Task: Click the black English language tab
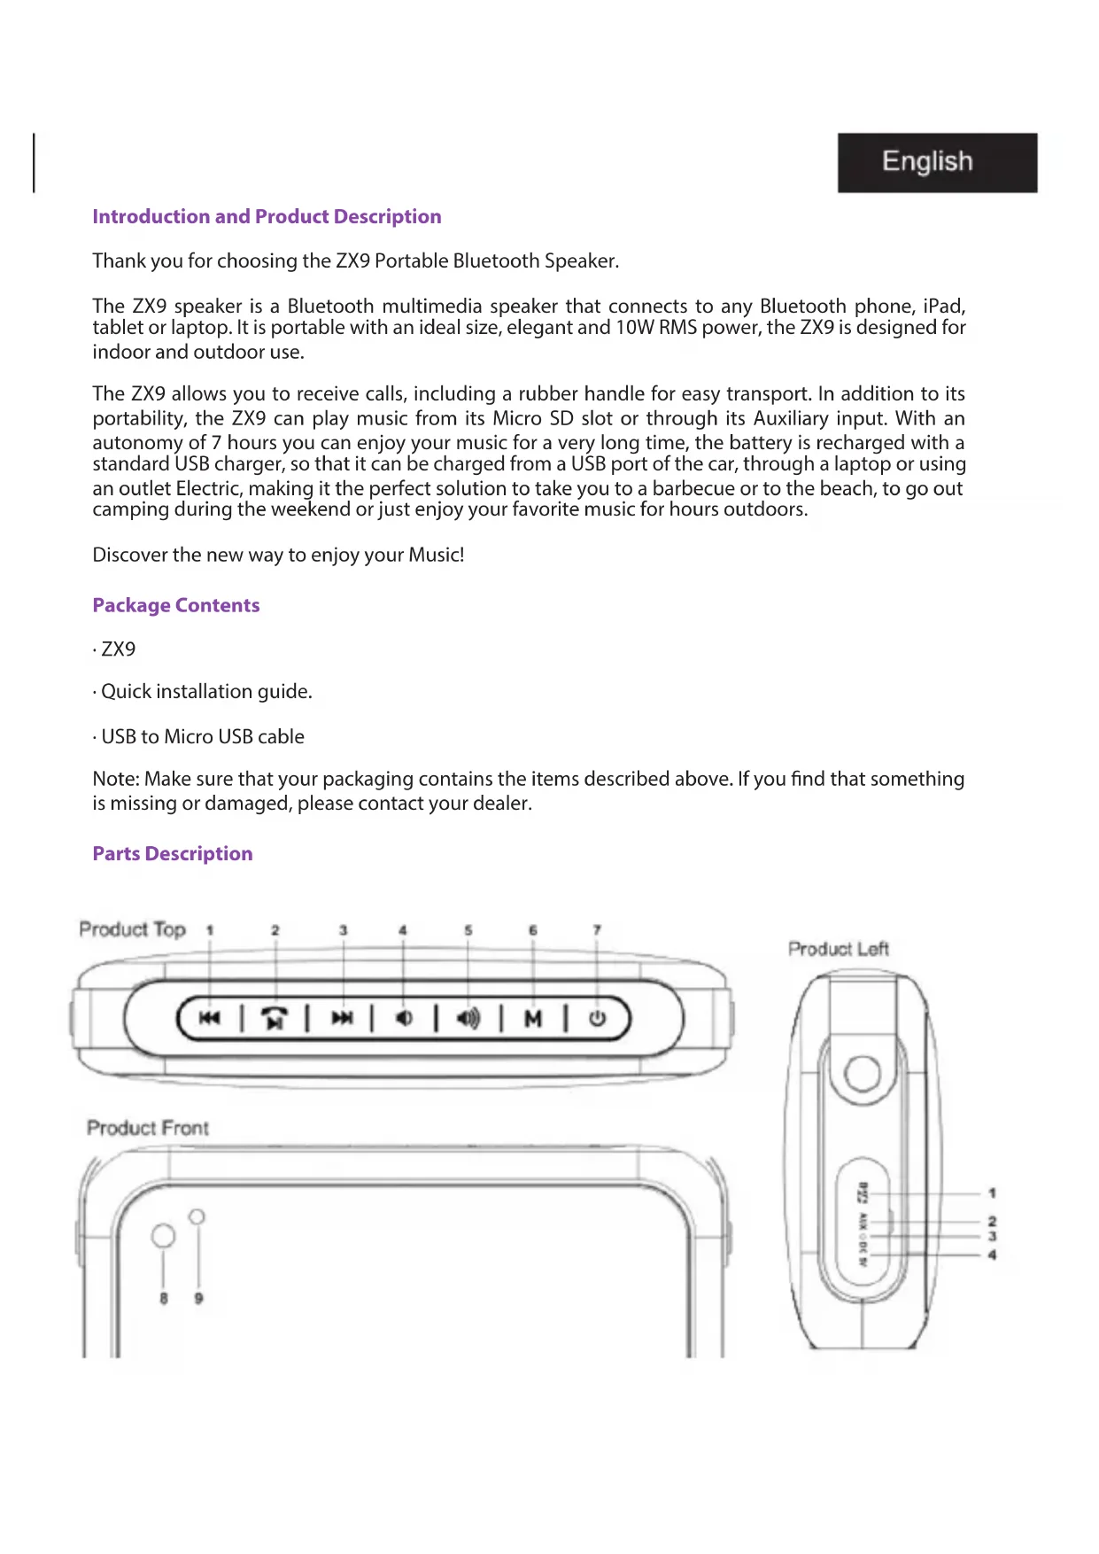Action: [x=937, y=162]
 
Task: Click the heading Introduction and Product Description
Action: [x=267, y=217]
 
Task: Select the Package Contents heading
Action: [x=176, y=606]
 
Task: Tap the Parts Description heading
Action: [x=173, y=854]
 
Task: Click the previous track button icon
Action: [x=209, y=1018]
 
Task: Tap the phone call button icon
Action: [x=275, y=1019]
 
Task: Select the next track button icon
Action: [x=342, y=1018]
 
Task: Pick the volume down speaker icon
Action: [x=404, y=1018]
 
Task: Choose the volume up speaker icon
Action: [x=468, y=1019]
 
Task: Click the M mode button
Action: [x=533, y=1019]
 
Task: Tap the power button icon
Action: [x=598, y=1018]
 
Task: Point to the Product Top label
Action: [x=133, y=929]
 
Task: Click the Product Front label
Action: [x=148, y=1128]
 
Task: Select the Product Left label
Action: [x=838, y=949]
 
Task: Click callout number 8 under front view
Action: [x=164, y=1299]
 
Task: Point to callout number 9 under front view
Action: [x=198, y=1299]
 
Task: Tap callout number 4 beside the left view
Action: [x=992, y=1255]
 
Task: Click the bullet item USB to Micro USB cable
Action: [x=203, y=737]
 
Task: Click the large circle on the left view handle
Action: [x=862, y=1074]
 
